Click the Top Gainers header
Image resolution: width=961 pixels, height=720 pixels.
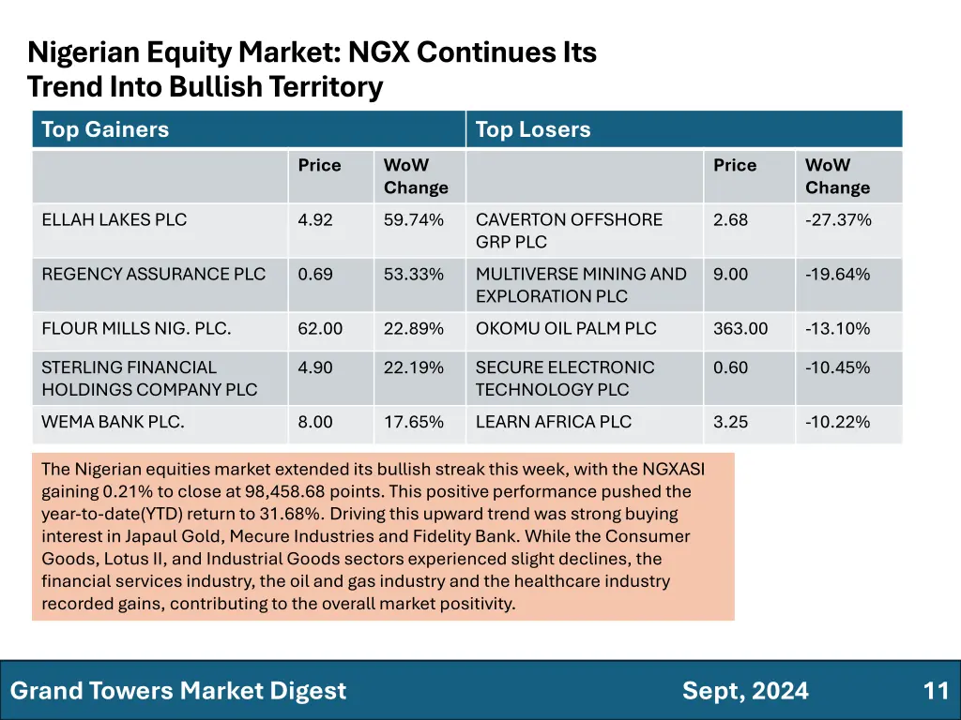click(105, 129)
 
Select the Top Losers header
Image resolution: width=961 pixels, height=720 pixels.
click(533, 129)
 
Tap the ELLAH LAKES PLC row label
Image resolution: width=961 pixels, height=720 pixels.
click(114, 220)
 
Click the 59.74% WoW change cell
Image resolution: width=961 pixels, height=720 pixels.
click(414, 220)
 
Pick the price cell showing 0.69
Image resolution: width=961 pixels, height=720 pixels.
click(314, 275)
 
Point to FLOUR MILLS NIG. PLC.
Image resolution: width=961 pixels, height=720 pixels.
click(136, 329)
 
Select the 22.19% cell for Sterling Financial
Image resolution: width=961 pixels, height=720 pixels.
click(414, 367)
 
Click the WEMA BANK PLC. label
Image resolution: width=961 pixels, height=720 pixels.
click(113, 422)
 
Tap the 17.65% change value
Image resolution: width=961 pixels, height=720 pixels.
click(414, 422)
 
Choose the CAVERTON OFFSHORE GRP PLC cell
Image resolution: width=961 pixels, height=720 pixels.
click(569, 231)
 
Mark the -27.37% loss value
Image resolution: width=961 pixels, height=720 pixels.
click(838, 220)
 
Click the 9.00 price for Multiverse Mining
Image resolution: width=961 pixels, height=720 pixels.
click(730, 275)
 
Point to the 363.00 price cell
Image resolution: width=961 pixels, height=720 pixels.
click(740, 329)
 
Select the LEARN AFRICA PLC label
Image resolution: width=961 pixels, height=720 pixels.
click(554, 422)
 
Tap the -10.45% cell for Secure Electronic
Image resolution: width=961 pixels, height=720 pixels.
click(838, 367)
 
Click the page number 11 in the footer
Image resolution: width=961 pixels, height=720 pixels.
click(936, 692)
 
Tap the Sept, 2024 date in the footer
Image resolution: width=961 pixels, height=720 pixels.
click(745, 692)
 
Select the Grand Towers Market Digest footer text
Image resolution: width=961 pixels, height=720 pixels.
click(178, 692)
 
